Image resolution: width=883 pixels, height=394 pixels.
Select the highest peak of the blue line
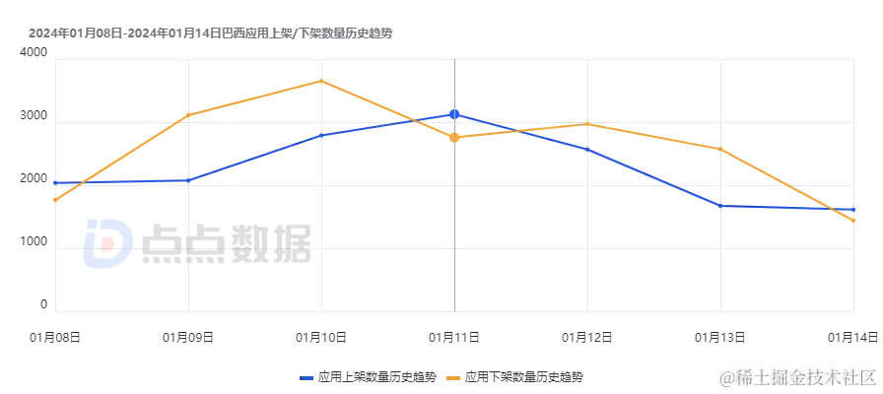453,114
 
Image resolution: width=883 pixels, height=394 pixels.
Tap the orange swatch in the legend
452,377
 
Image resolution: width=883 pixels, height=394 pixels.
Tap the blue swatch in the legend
307,377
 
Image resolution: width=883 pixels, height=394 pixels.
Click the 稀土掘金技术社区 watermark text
796,375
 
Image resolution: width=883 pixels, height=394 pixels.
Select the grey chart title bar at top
209,32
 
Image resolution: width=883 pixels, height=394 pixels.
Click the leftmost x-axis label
54,338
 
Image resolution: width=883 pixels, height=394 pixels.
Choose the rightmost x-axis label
853,338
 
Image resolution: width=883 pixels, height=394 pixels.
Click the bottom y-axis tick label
42,307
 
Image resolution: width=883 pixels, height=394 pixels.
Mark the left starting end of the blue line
54,183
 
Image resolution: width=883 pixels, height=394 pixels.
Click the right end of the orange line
853,220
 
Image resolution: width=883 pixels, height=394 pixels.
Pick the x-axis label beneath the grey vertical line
452,338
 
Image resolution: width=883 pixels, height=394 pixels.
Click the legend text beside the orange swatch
527,377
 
